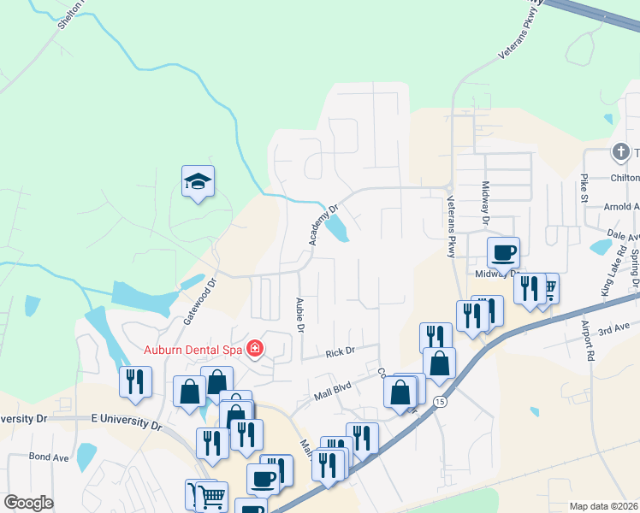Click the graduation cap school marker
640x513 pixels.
[x=198, y=181]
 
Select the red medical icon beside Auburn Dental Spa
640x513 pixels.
[x=254, y=348]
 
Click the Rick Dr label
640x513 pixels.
[x=340, y=351]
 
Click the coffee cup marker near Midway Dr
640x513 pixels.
[x=503, y=253]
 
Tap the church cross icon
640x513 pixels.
[x=620, y=152]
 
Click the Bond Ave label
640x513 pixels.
[x=49, y=457]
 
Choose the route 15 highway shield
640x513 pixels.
[x=440, y=401]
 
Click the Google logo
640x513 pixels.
[x=29, y=503]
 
